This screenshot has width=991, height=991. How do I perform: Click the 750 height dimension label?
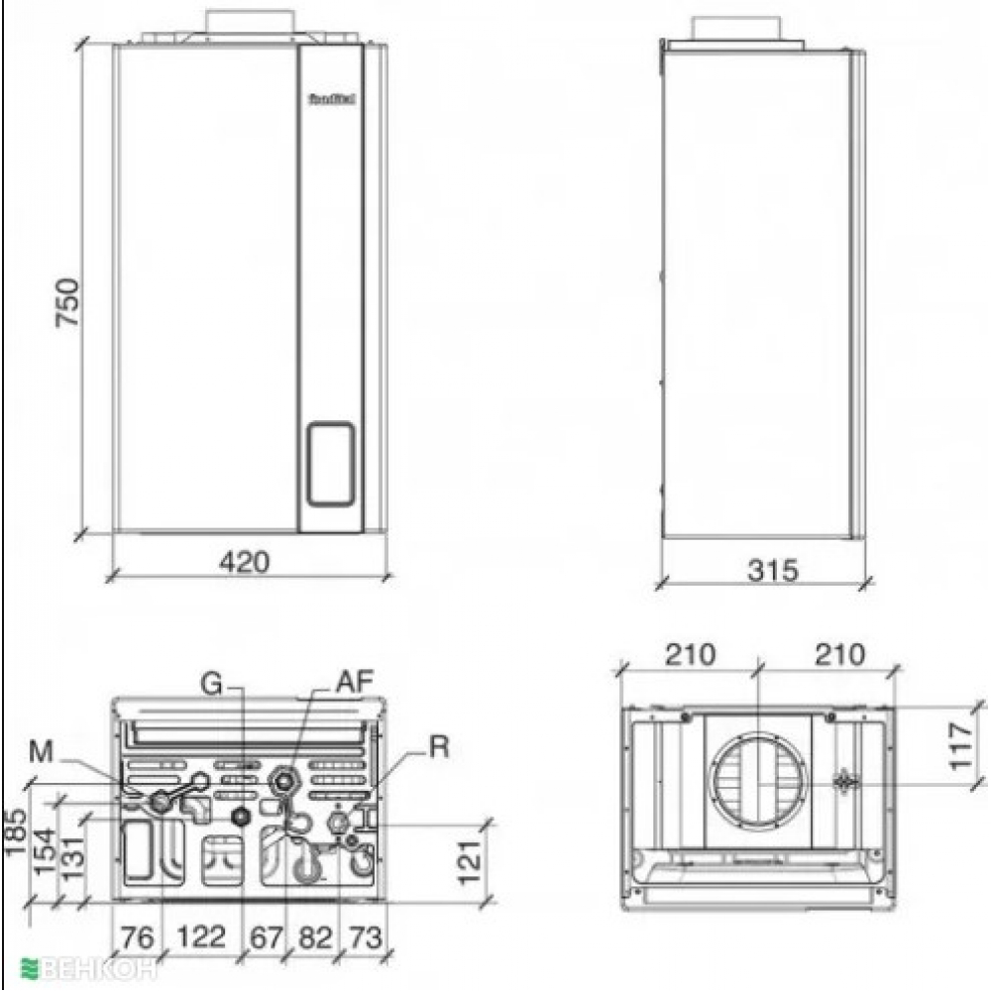pos(65,307)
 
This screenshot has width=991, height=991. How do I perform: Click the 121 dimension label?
pos(471,860)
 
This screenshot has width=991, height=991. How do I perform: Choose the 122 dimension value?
pos(203,936)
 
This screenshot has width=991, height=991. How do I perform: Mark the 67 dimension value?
pos(265,936)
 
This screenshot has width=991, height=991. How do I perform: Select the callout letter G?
pos(210,683)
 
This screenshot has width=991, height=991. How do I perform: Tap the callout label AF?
pos(354,683)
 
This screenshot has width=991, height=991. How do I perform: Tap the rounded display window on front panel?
pos(328,464)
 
